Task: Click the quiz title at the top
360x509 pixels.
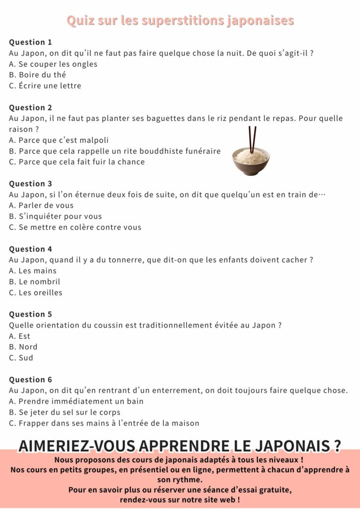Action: [180, 21]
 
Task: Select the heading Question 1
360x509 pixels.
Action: [30, 42]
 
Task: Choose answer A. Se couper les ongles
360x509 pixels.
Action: [53, 64]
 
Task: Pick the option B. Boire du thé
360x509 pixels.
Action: [37, 75]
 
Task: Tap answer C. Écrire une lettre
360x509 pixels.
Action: [45, 86]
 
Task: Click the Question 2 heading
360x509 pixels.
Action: [30, 108]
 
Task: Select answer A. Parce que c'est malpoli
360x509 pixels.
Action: [59, 140]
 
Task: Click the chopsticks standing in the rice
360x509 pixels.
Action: [252, 139]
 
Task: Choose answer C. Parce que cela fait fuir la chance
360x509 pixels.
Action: [77, 162]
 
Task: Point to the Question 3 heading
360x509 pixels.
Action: [30, 184]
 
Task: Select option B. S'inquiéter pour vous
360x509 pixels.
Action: [55, 217]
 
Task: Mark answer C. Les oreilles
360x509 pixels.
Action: [36, 293]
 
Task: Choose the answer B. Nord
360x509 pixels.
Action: [23, 347]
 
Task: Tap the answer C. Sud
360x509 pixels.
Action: [21, 358]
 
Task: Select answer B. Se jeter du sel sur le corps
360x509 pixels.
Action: [65, 413]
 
